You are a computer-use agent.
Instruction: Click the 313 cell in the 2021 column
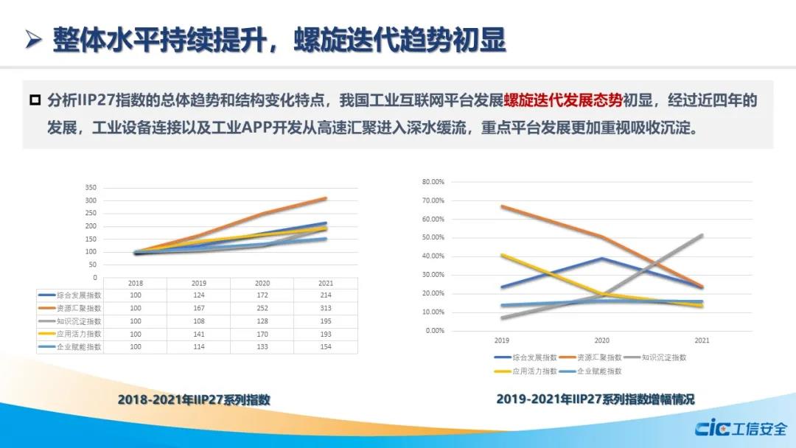(325, 308)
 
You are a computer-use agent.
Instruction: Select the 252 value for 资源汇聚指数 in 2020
(262, 308)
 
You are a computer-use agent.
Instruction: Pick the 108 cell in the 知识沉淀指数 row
(199, 321)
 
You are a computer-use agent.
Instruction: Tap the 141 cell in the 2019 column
(199, 333)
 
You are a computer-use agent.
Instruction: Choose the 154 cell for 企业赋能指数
(325, 346)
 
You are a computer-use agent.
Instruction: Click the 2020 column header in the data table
(262, 283)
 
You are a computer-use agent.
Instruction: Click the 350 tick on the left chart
(91, 187)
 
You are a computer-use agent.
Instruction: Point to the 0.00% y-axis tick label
(436, 330)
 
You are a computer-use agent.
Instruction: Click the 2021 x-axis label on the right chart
(702, 341)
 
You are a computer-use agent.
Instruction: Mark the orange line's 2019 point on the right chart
(502, 206)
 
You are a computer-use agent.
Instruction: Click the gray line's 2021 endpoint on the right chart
(702, 235)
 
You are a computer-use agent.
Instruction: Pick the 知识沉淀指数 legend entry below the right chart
(664, 357)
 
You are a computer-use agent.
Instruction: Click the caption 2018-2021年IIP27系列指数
(194, 400)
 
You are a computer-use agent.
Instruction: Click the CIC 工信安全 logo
(741, 428)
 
